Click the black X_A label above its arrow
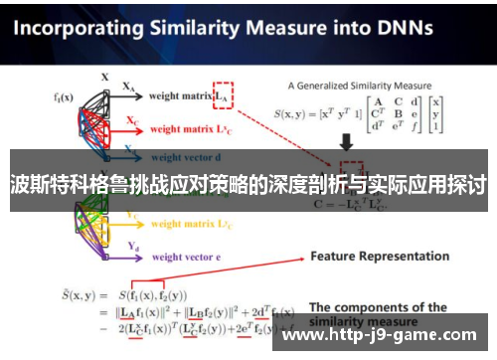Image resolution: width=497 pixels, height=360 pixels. tap(128, 88)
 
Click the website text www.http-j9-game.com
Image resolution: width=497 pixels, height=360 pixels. tap(385, 335)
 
